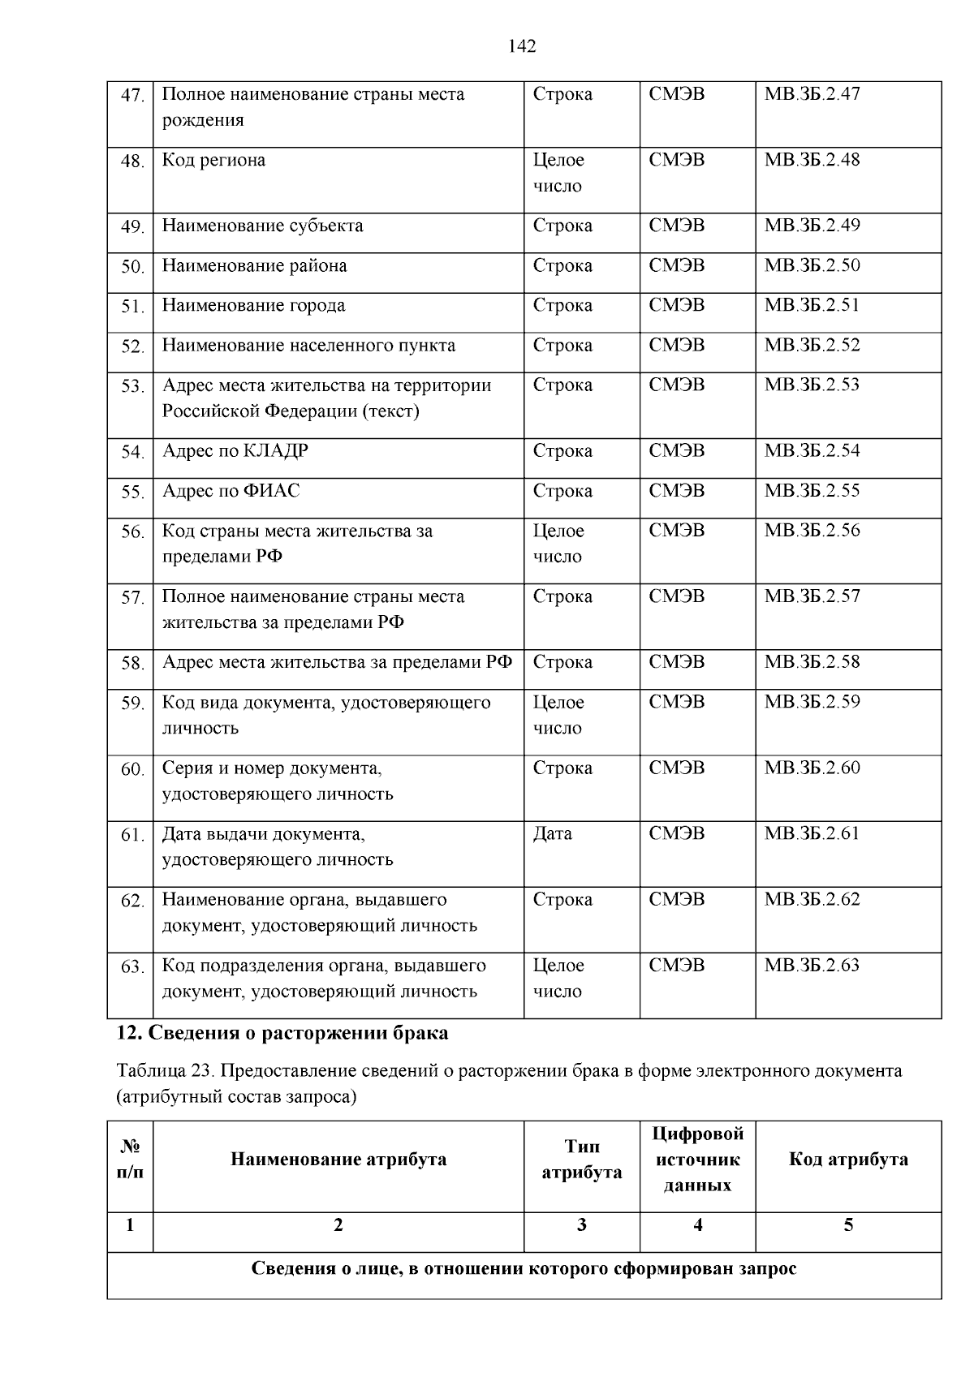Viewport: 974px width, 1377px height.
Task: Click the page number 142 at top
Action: click(x=522, y=47)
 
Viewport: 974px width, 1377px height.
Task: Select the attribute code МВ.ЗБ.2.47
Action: click(x=812, y=94)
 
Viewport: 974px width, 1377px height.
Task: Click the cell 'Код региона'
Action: click(x=213, y=160)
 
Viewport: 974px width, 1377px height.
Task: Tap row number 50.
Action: click(x=131, y=267)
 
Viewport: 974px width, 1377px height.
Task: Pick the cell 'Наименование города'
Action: click(x=253, y=306)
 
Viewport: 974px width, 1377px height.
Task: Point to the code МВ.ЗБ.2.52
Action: click(x=812, y=346)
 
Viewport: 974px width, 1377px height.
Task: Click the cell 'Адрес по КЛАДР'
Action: click(x=235, y=451)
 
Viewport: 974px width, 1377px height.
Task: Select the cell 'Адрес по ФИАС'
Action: click(x=231, y=491)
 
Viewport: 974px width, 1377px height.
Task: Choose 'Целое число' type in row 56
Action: click(x=558, y=544)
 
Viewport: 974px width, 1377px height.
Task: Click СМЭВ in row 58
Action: click(x=677, y=663)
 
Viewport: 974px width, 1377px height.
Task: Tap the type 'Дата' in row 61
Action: click(x=552, y=834)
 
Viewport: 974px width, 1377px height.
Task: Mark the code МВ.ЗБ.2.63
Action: click(x=812, y=966)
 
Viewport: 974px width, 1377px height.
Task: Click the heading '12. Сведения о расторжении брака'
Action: click(x=282, y=1034)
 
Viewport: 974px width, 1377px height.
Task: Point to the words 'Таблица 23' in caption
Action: click(x=164, y=1071)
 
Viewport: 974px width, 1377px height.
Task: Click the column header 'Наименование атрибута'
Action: click(x=338, y=1160)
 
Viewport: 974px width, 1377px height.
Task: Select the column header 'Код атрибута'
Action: click(x=848, y=1160)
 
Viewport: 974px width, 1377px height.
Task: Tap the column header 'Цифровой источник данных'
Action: click(x=697, y=1160)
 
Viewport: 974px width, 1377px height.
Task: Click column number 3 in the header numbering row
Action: click(x=581, y=1225)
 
